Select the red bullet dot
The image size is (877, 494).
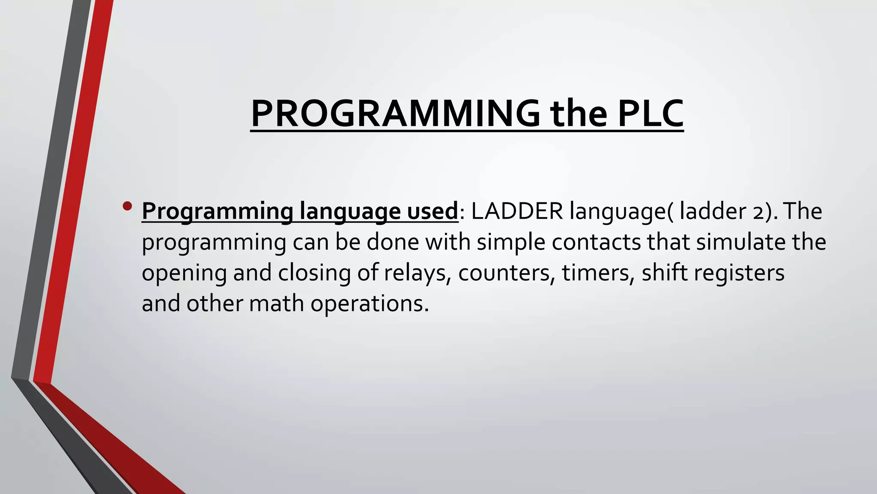click(x=127, y=206)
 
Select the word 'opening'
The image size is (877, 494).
click(x=184, y=273)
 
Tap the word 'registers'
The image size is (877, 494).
click(x=739, y=273)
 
